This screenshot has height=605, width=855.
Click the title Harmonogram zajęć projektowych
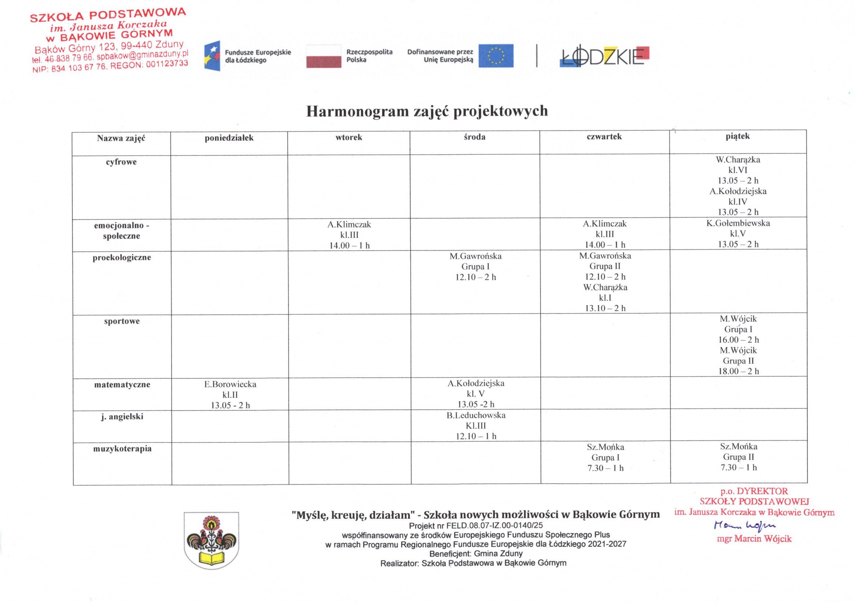pyautogui.click(x=427, y=111)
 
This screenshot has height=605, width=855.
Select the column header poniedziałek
pyautogui.click(x=229, y=138)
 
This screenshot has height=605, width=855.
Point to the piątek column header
pyautogui.click(x=737, y=136)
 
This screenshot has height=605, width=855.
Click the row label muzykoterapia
pyautogui.click(x=122, y=448)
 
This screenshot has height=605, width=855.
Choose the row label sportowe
pyautogui.click(x=122, y=321)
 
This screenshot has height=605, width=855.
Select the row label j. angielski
pyautogui.click(x=122, y=417)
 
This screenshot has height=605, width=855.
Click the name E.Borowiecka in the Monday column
pyautogui.click(x=230, y=384)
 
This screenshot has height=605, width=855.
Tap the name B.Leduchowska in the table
pyautogui.click(x=476, y=415)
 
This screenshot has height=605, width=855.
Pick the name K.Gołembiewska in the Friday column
pyautogui.click(x=738, y=223)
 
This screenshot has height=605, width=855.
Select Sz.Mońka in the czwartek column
pyautogui.click(x=605, y=447)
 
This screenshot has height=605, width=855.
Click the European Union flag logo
pyautogui.click(x=496, y=56)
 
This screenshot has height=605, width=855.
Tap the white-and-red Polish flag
pyautogui.click(x=324, y=56)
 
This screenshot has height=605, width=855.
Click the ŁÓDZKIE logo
pyautogui.click(x=604, y=57)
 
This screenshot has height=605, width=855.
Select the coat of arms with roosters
pyautogui.click(x=211, y=541)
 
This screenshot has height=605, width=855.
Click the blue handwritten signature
pyautogui.click(x=745, y=525)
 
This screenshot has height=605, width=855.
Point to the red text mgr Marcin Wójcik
pyautogui.click(x=754, y=539)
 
